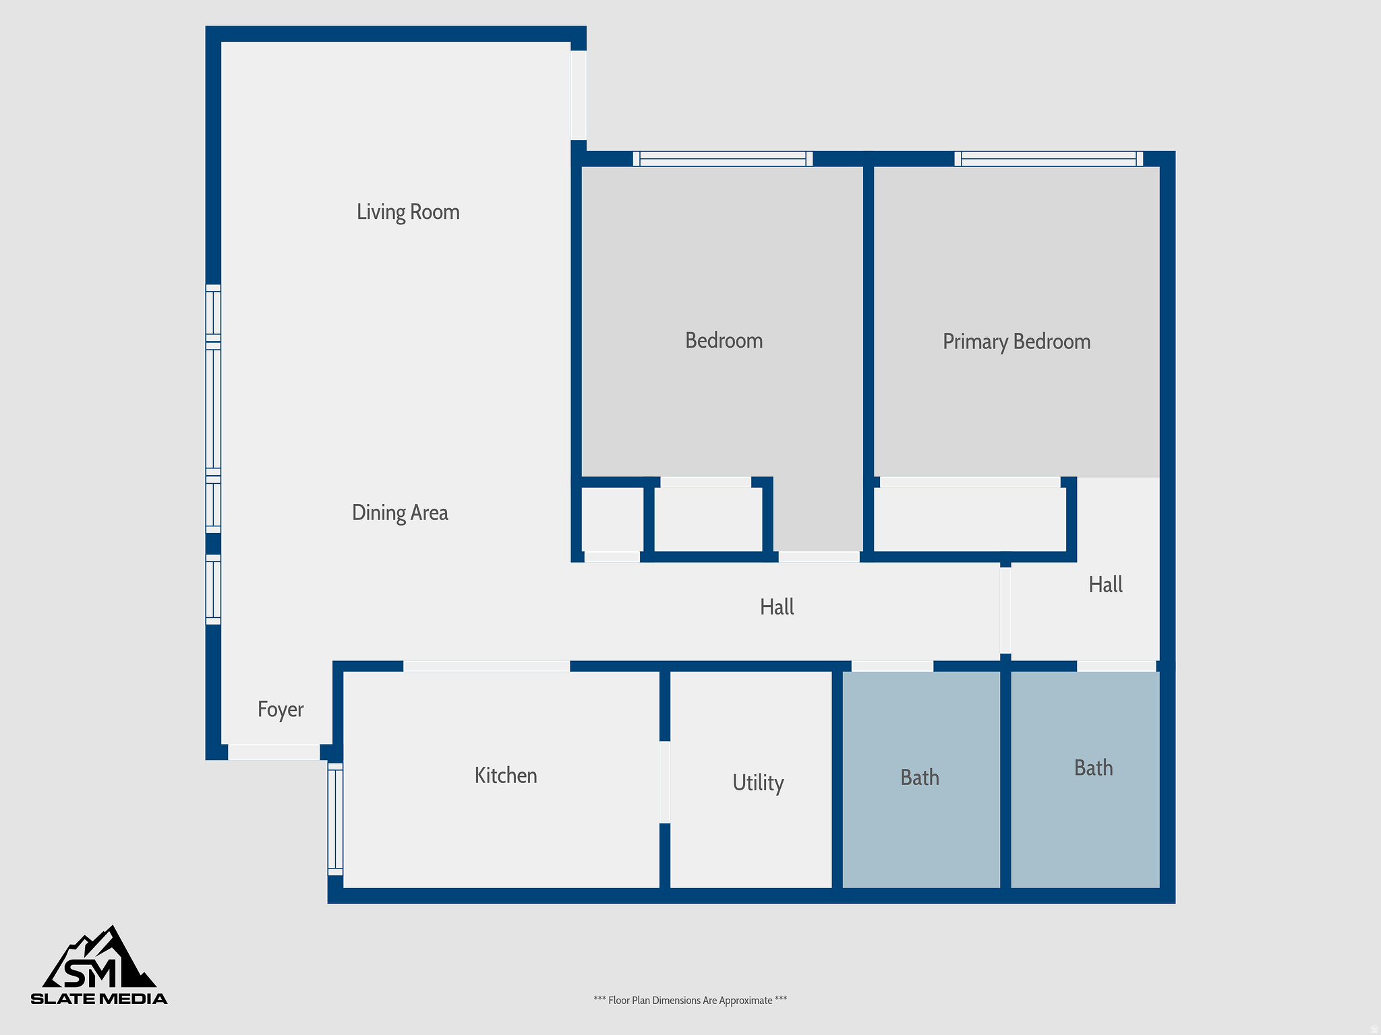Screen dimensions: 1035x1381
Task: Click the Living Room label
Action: tap(408, 212)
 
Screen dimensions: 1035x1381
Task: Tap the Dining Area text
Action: tap(400, 513)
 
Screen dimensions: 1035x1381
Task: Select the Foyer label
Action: tap(281, 710)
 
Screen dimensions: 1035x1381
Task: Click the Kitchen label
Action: tap(506, 776)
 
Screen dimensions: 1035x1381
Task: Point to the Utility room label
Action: tap(758, 783)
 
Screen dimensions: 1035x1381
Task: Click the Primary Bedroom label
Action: tap(1016, 342)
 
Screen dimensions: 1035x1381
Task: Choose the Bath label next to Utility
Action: tap(920, 778)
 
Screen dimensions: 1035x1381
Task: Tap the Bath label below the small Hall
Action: tap(1093, 768)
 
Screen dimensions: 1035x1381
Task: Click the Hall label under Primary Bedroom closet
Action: tap(1105, 584)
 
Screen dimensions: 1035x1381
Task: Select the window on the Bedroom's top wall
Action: tap(723, 159)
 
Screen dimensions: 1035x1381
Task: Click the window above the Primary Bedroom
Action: tap(1049, 159)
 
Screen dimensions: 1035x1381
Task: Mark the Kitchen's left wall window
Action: tap(335, 819)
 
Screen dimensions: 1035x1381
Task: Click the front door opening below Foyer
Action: tap(274, 752)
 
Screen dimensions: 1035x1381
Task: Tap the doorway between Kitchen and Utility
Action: tap(665, 782)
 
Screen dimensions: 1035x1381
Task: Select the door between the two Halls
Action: tap(1005, 610)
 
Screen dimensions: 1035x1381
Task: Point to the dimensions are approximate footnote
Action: tap(690, 1001)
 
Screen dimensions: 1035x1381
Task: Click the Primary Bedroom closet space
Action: tap(970, 519)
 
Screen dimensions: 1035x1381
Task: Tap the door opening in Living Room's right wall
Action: tap(579, 95)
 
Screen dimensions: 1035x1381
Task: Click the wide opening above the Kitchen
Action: tap(486, 666)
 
